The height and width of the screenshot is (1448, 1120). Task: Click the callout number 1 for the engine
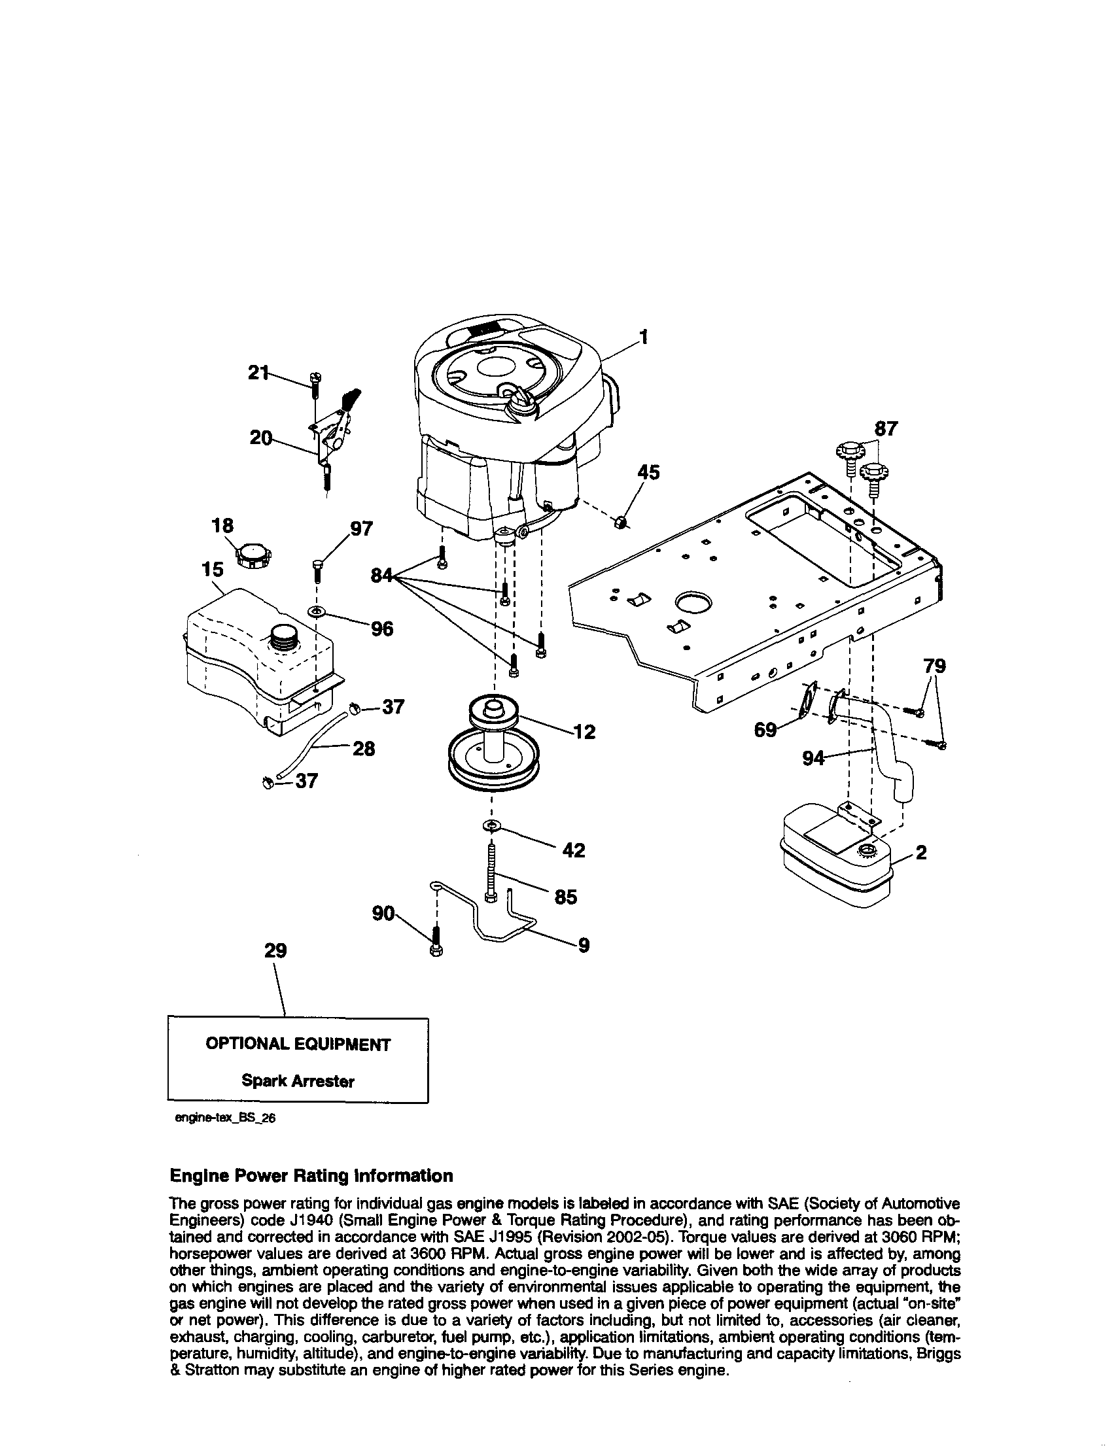(642, 337)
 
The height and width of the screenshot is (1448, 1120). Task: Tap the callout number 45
(648, 472)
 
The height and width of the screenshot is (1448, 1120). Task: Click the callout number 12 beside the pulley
(585, 732)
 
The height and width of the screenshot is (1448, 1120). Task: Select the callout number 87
(886, 429)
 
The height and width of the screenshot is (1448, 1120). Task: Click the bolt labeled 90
(437, 942)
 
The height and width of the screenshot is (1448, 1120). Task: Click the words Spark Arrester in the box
(298, 1080)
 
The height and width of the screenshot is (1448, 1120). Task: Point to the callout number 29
(275, 951)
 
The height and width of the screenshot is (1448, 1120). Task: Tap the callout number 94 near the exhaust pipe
(813, 758)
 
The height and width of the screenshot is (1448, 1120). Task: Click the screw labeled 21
(314, 385)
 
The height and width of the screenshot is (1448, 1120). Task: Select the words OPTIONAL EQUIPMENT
(298, 1044)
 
